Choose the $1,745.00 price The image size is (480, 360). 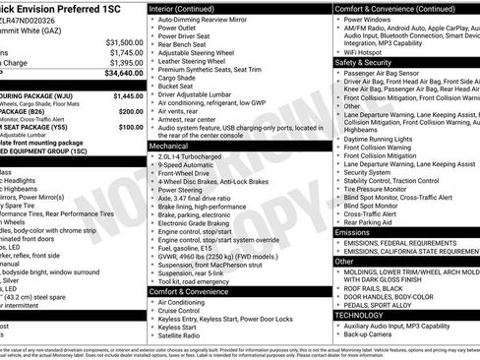click(x=125, y=52)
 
